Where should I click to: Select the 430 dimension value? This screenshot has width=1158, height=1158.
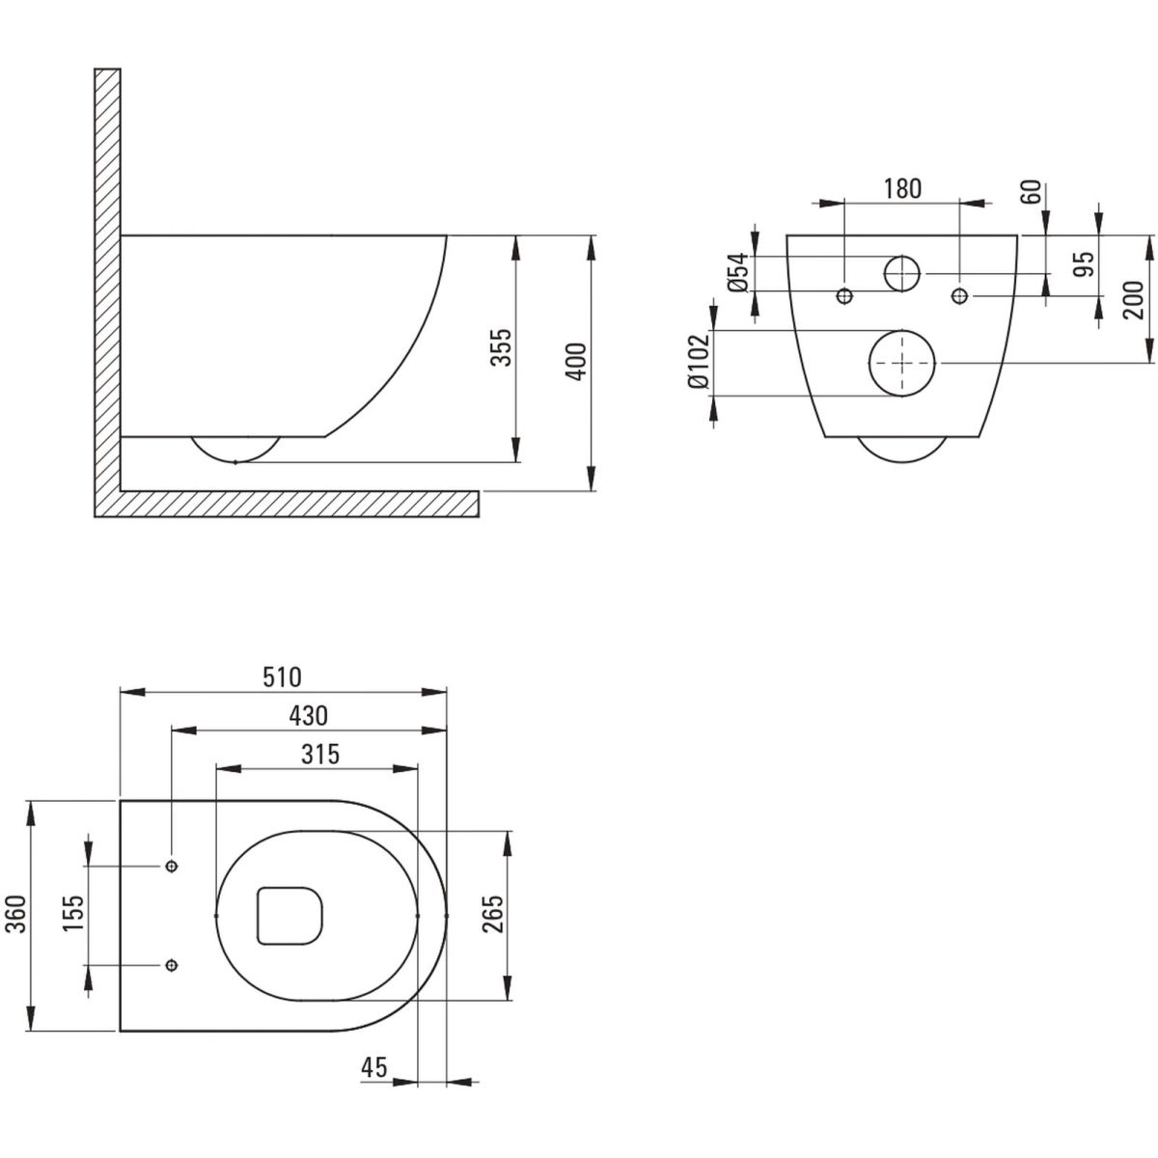click(307, 715)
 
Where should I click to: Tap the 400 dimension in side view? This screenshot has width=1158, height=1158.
click(575, 361)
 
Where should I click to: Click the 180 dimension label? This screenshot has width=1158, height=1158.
click(902, 188)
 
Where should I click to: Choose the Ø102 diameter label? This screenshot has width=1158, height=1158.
click(698, 363)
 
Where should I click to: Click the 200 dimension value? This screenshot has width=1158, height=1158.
click(1135, 299)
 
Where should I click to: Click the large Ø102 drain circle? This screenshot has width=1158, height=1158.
click(902, 363)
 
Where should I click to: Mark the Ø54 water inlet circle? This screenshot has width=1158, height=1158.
click(902, 274)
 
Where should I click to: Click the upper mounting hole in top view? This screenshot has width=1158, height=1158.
click(172, 866)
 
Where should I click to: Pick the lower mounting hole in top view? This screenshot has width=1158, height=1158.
click(172, 964)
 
